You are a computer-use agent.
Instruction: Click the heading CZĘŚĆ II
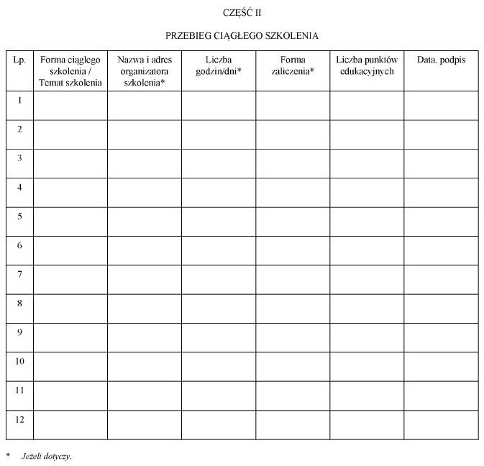[x=242, y=12]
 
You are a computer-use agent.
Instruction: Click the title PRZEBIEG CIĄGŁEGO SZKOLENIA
[x=242, y=35]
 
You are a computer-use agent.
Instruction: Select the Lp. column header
[x=19, y=60]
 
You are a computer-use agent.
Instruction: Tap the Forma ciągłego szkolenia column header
[x=70, y=71]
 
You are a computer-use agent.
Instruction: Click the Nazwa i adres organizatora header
[x=145, y=71]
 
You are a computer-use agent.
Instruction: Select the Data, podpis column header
[x=441, y=60]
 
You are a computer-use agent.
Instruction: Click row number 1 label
[x=19, y=101]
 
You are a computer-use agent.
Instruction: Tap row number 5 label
[x=19, y=216]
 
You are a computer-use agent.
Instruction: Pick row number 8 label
[x=19, y=303]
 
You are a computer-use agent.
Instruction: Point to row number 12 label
[x=19, y=419]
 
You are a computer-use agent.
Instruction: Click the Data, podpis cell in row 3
[x=441, y=163]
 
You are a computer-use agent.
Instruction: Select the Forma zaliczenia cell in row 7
[x=293, y=279]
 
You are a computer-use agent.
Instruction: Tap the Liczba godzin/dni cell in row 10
[x=219, y=366]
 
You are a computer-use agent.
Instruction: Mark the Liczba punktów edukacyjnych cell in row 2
[x=367, y=134]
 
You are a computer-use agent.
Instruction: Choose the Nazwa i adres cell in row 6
[x=145, y=250]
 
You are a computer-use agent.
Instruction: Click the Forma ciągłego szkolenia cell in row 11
[x=70, y=396]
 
